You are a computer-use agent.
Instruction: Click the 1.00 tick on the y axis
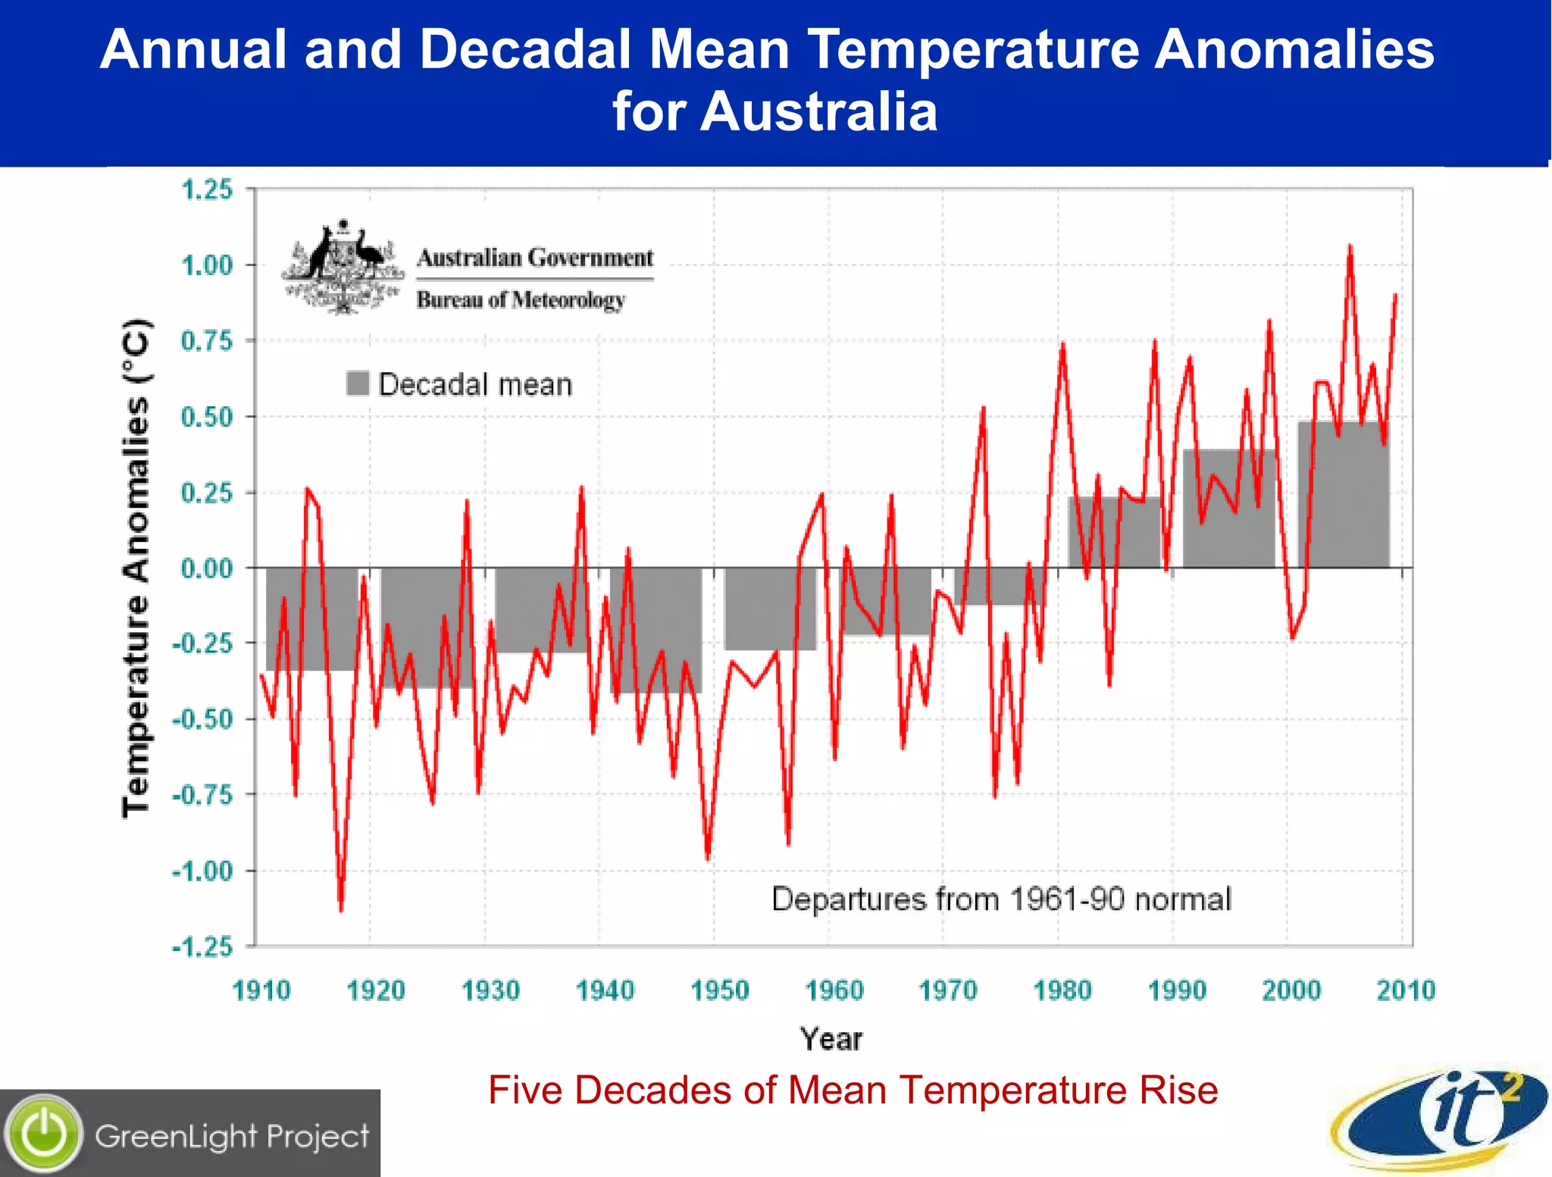[x=206, y=265]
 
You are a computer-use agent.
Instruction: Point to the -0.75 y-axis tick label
[x=202, y=795]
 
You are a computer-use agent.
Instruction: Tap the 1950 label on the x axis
[x=719, y=990]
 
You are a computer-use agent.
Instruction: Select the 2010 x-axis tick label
[x=1406, y=990]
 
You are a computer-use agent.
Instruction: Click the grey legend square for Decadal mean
[x=357, y=383]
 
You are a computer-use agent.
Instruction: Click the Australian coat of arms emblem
[x=343, y=267]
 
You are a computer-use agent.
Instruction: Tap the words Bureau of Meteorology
[x=521, y=300]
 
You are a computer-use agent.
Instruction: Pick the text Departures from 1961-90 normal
[x=1000, y=900]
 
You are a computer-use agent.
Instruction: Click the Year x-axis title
[x=831, y=1039]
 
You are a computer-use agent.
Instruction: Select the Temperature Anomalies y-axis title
[x=136, y=568]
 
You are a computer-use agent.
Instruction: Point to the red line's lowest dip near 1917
[x=341, y=908]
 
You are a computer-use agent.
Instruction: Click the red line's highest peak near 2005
[x=1350, y=247]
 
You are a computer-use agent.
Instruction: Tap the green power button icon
[x=44, y=1134]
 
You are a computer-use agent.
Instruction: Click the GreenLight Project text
[x=232, y=1136]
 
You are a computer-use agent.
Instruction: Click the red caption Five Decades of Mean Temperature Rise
[x=853, y=1091]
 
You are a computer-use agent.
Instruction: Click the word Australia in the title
[x=818, y=111]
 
